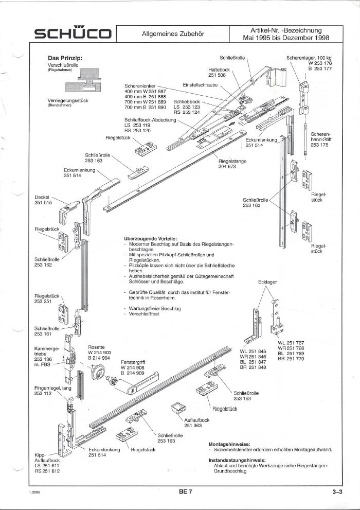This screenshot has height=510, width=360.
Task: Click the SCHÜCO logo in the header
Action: click(x=72, y=34)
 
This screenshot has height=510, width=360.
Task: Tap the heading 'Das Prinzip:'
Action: click(x=66, y=59)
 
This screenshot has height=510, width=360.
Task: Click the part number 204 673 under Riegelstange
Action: click(x=227, y=166)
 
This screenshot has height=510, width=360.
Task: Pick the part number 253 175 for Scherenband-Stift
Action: click(x=319, y=145)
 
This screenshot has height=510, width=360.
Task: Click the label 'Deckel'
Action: click(x=42, y=197)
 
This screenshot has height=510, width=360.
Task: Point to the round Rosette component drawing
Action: click(x=96, y=373)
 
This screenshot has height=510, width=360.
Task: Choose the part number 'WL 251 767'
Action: click(x=291, y=343)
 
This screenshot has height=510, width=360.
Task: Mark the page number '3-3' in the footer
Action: click(x=337, y=492)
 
